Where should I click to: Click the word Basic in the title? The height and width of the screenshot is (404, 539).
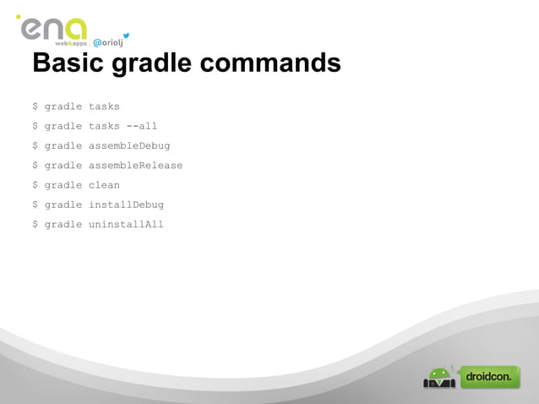coord(65,63)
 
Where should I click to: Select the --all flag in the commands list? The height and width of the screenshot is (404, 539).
coord(142,126)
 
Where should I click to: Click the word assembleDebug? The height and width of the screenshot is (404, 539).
coord(129,145)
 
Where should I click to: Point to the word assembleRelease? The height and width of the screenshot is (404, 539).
coord(135,165)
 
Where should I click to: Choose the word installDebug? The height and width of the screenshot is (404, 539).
coord(126,204)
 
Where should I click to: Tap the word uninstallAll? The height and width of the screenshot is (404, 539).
coord(126,224)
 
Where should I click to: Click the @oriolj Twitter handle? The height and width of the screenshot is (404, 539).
coord(106,43)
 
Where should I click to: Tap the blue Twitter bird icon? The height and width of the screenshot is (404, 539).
coord(126,35)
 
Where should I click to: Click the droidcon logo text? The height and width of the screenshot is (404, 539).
coord(490,377)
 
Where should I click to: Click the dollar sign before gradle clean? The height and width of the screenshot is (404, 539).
coord(35,184)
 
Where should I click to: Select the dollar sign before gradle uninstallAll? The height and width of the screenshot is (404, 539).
coord(35,224)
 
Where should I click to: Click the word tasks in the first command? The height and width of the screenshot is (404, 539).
coord(104,106)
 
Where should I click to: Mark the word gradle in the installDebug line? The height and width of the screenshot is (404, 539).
coord(63,205)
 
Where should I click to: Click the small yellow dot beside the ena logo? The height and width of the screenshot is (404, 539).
coord(18,17)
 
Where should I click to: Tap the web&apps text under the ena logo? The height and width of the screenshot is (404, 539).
coord(71,43)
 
